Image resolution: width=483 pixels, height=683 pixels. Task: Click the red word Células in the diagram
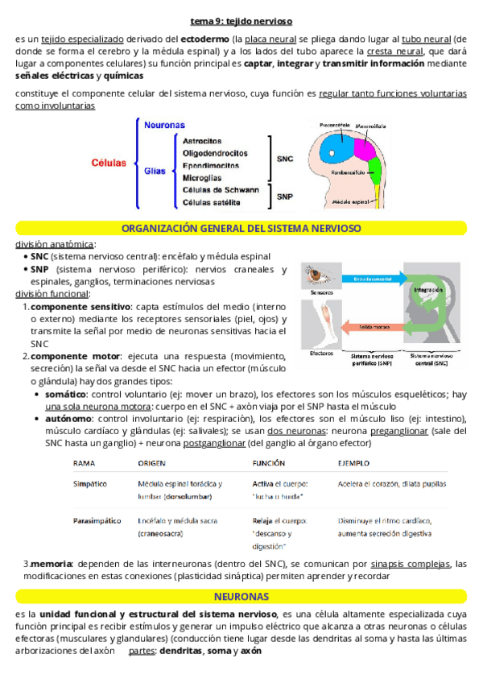pyautogui.click(x=109, y=163)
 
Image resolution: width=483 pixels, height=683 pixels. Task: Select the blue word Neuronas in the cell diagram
pyautogui.click(x=164, y=125)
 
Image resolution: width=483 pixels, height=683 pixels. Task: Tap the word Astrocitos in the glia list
pyautogui.click(x=203, y=140)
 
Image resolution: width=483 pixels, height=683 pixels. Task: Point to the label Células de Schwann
pyautogui.click(x=221, y=189)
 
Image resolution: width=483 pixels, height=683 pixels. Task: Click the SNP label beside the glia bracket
pyautogui.click(x=285, y=196)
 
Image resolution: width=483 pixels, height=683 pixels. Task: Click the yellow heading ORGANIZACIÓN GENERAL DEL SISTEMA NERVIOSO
pyautogui.click(x=241, y=229)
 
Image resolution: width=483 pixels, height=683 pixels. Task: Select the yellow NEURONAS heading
pyautogui.click(x=241, y=597)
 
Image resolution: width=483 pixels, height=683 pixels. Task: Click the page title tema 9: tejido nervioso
pyautogui.click(x=241, y=22)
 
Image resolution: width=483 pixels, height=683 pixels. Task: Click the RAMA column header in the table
pyautogui.click(x=84, y=464)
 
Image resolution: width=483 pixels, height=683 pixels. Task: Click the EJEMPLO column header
pyautogui.click(x=353, y=464)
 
